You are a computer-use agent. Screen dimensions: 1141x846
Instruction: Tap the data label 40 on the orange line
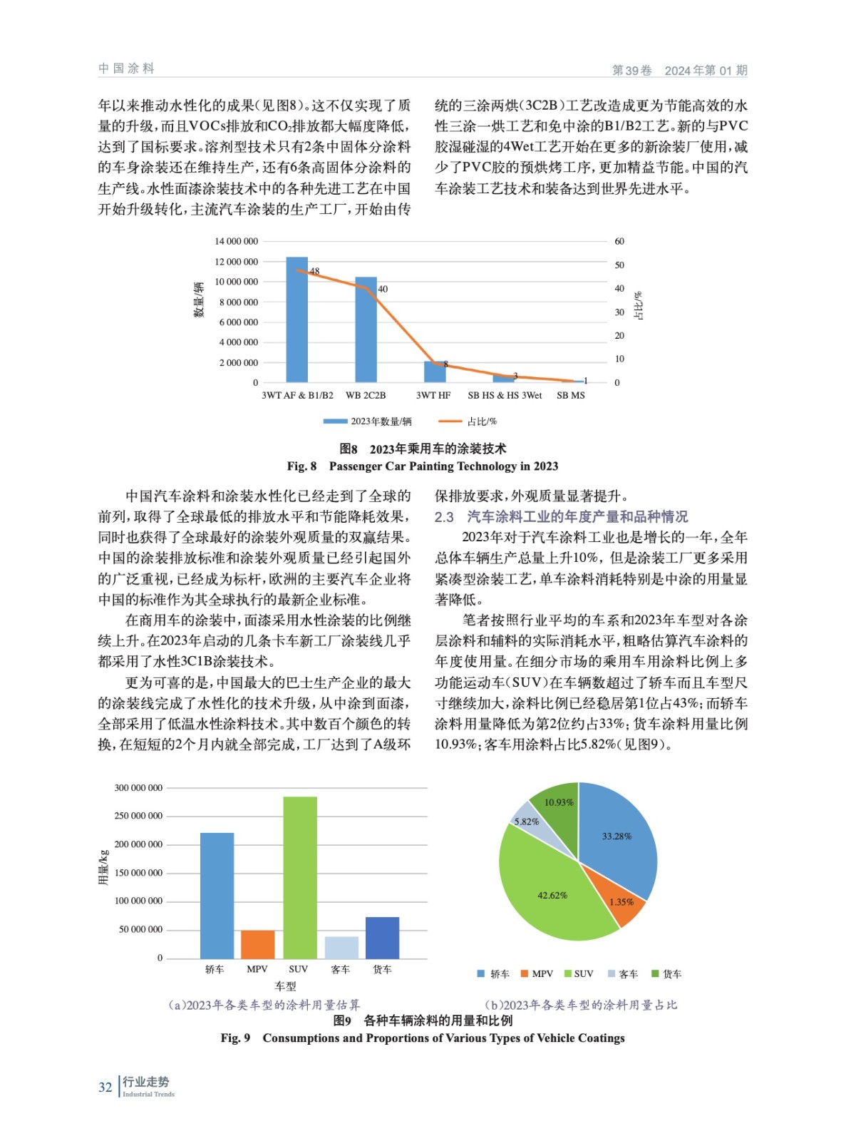tap(383, 289)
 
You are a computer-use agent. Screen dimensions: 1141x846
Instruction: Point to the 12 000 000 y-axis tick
tap(236, 262)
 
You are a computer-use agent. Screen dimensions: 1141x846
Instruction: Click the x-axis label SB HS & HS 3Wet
tap(505, 395)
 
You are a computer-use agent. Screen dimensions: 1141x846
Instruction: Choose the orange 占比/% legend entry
tap(468, 421)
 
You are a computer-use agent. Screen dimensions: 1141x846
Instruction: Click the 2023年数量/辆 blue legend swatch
tap(336, 421)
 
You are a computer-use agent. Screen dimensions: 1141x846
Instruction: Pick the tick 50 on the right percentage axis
tap(619, 265)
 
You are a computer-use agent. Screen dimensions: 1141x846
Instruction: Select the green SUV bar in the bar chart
tap(299, 877)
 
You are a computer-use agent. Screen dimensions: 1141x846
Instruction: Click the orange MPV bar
tap(257, 944)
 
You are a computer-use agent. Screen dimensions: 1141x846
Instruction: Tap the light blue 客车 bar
tap(341, 947)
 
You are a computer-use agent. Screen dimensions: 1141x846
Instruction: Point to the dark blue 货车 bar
tap(382, 937)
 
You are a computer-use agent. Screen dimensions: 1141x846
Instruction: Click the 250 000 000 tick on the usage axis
tap(138, 816)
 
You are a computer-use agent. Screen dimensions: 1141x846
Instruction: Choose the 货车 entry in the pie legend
tap(667, 974)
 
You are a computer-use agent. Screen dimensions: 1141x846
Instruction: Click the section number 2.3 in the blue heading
tap(444, 517)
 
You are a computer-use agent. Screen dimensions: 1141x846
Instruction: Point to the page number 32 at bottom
tap(105, 1088)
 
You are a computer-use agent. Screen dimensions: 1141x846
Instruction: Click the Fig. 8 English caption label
tap(301, 466)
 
